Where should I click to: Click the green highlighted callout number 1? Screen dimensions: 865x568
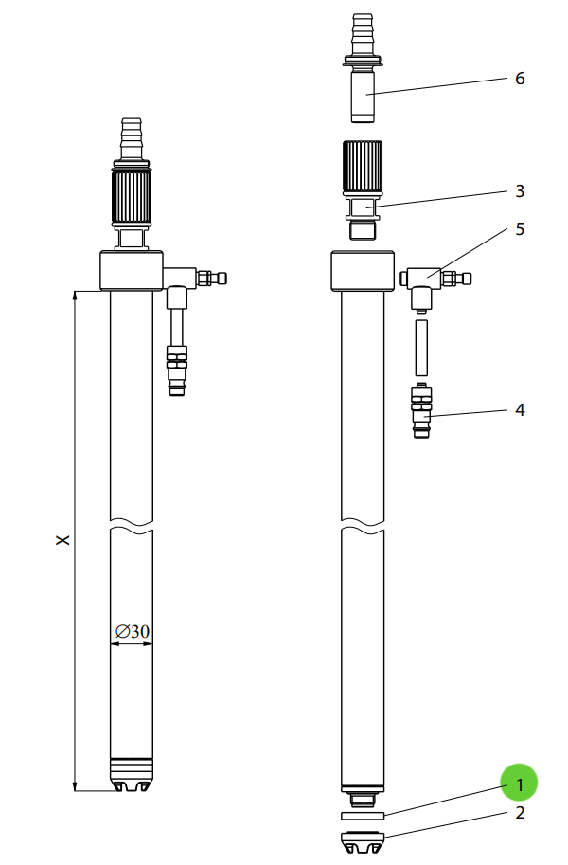(x=519, y=784)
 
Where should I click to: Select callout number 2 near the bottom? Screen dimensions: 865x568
(x=520, y=812)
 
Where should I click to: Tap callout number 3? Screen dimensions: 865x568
(x=520, y=190)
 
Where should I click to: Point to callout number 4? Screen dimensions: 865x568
(x=520, y=410)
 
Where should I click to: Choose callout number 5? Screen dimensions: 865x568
(x=520, y=229)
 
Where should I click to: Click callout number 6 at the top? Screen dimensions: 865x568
(x=520, y=78)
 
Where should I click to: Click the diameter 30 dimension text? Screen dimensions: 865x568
(x=133, y=631)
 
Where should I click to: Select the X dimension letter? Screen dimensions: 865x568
(x=62, y=539)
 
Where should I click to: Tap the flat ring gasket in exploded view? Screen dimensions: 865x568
(x=362, y=815)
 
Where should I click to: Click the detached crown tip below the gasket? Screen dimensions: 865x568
(x=362, y=840)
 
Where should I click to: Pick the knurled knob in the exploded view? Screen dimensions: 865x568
(x=362, y=170)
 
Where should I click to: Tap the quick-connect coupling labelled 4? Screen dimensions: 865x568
(x=421, y=410)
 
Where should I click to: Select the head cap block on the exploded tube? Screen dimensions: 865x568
(x=363, y=271)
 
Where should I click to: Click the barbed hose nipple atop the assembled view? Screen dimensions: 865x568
(x=132, y=137)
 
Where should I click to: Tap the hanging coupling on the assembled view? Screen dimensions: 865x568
(x=176, y=369)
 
